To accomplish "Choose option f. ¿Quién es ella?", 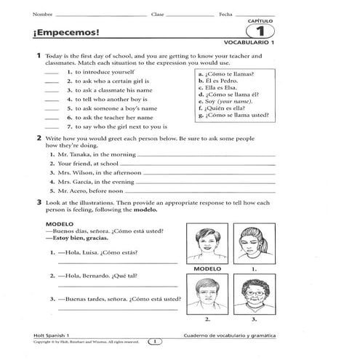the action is [x=225, y=108].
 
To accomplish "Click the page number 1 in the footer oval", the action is [x=154, y=340].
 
